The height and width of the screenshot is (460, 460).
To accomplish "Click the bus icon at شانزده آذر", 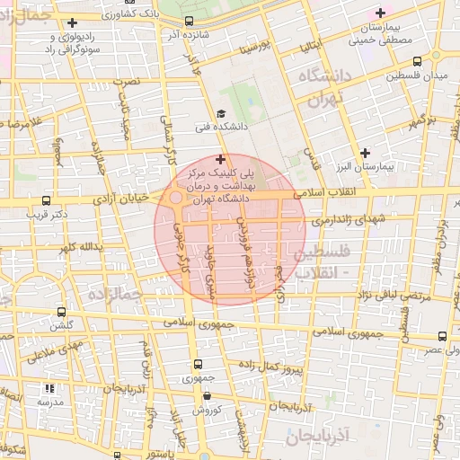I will click(189, 22).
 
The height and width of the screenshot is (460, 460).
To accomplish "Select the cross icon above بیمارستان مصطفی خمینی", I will click(381, 13).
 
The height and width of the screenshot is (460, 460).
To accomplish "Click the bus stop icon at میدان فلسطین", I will click(417, 61).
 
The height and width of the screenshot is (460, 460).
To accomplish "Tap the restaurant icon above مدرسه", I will click(49, 389).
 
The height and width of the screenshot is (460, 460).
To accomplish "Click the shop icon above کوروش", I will click(208, 395).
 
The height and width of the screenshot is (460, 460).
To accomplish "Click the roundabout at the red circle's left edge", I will click(177, 198).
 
